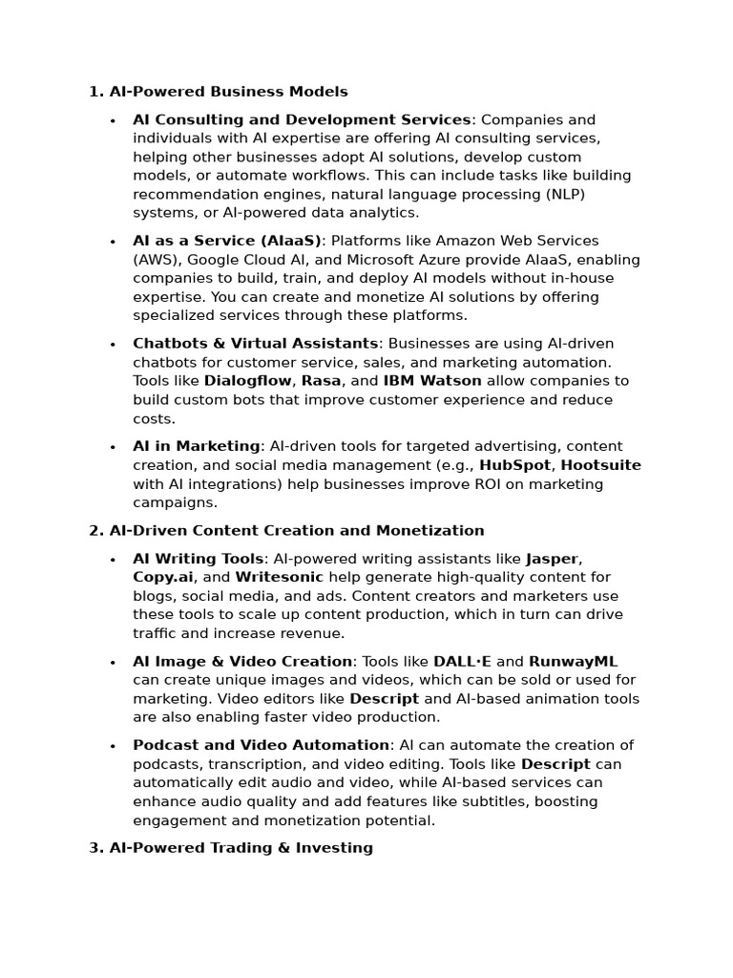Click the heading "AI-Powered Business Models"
click(228, 92)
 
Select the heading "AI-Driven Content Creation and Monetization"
click(297, 530)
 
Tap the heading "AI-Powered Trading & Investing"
click(241, 847)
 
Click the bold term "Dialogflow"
click(248, 381)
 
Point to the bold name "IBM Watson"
click(431, 381)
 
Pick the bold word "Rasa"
click(321, 381)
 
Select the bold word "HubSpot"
click(515, 465)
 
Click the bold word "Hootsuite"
click(600, 465)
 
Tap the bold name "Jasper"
click(553, 559)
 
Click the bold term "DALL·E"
click(463, 661)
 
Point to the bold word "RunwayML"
click(574, 661)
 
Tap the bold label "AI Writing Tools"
click(198, 559)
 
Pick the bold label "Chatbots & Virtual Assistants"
click(255, 344)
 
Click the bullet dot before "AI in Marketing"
click(113, 447)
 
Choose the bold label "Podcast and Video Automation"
click(261, 745)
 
